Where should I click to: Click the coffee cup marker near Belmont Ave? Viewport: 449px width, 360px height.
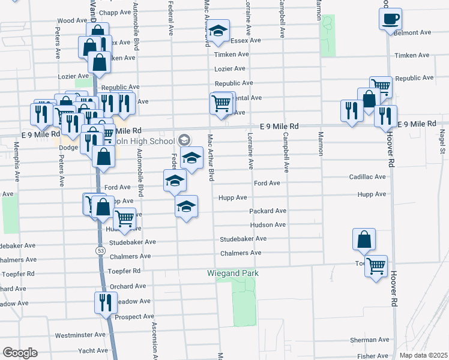[x=390, y=19]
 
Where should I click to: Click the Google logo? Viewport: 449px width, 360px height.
[x=19, y=353]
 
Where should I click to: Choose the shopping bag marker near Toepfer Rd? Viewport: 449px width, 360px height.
[x=364, y=239]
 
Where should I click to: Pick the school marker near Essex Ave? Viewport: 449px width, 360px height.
[x=219, y=31]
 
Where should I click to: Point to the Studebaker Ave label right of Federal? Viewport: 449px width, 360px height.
[x=243, y=239]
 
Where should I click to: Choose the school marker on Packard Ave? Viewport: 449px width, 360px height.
[x=187, y=206]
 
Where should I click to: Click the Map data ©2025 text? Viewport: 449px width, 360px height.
[x=424, y=355]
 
